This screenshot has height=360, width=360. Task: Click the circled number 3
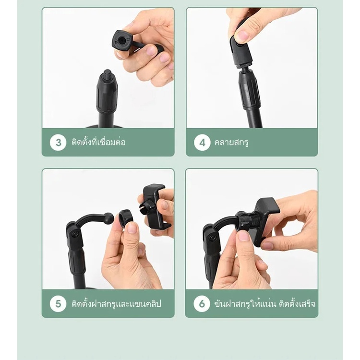(58, 143)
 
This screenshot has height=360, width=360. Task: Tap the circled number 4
(202, 143)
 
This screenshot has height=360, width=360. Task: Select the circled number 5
(58, 303)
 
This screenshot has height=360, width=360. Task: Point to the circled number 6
(202, 303)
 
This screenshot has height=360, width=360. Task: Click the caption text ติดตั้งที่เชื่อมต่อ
(98, 142)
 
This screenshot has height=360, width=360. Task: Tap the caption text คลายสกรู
(231, 143)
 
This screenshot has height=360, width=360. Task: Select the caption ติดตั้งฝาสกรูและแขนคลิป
(117, 303)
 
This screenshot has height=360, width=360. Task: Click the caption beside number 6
(264, 303)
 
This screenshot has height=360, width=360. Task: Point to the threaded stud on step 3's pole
(107, 74)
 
